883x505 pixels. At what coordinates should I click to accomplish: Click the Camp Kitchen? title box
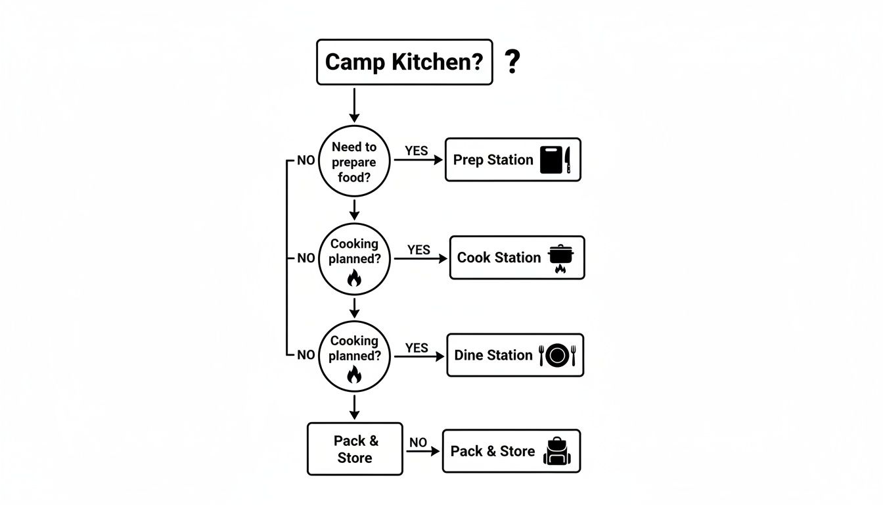tap(404, 62)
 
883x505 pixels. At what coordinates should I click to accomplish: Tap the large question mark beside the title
tap(512, 61)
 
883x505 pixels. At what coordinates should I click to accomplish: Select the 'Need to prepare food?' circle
tap(354, 161)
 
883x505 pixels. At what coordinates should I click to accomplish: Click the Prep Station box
tap(512, 160)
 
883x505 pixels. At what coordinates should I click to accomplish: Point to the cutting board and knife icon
tap(555, 160)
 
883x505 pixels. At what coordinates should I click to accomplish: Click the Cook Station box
tap(516, 258)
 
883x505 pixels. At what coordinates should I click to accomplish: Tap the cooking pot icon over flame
tap(560, 258)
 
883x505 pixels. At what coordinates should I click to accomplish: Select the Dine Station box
tap(514, 355)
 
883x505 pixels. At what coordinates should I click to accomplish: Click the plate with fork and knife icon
tap(556, 355)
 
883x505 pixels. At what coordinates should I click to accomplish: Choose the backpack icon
tap(557, 452)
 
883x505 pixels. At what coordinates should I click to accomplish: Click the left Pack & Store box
tap(355, 449)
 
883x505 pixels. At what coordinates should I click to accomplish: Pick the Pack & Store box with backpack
tap(511, 451)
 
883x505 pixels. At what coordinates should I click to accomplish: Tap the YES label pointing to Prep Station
tap(416, 151)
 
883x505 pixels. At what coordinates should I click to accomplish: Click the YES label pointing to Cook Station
tap(419, 250)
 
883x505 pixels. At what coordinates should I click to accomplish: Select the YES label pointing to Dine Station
tap(417, 348)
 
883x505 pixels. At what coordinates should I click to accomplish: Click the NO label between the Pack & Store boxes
tap(418, 443)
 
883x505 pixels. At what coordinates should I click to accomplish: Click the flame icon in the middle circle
tap(354, 278)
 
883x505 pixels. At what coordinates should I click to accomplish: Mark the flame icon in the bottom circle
tap(354, 375)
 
